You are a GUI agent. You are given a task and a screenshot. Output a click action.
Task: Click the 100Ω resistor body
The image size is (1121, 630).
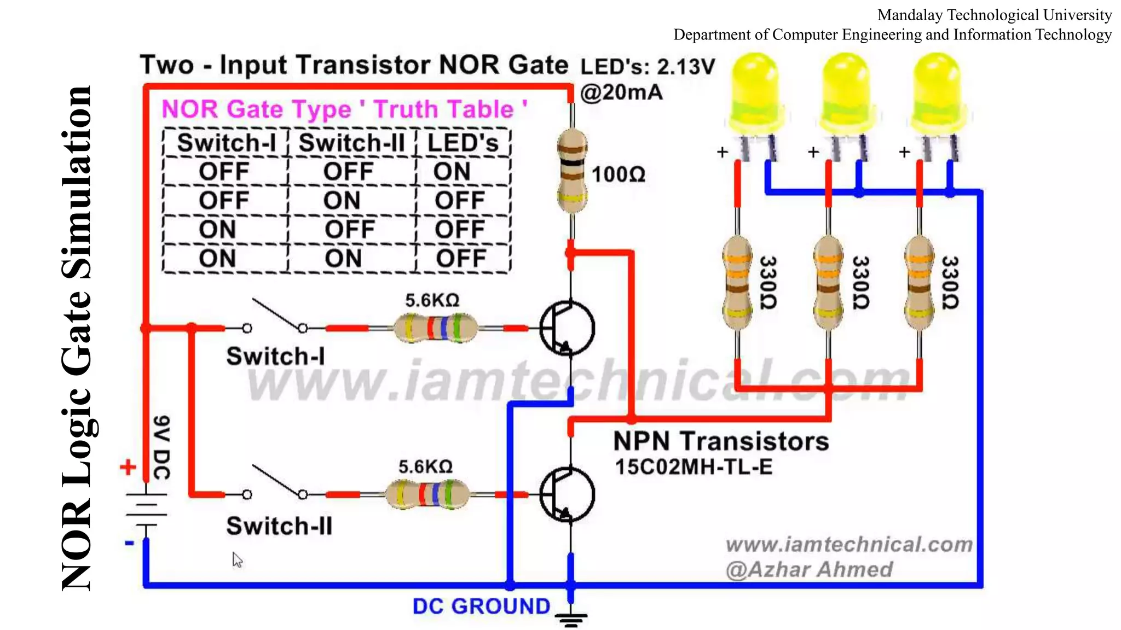pyautogui.click(x=572, y=171)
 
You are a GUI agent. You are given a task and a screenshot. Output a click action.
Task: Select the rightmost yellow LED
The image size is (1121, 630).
pyautogui.click(x=937, y=93)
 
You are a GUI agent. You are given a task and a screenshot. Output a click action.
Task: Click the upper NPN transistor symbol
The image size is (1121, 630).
pyautogui.click(x=567, y=328)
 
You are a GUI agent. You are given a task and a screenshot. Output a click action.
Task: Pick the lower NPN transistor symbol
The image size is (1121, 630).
pyautogui.click(x=567, y=494)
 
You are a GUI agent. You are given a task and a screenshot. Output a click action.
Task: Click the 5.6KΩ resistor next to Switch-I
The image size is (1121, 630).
pyautogui.click(x=435, y=328)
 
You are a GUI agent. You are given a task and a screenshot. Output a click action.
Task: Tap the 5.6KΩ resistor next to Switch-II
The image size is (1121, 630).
pyautogui.click(x=427, y=494)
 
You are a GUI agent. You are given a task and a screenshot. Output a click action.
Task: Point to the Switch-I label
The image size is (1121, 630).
pyautogui.click(x=275, y=357)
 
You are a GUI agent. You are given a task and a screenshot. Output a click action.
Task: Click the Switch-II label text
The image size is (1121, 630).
pyautogui.click(x=279, y=526)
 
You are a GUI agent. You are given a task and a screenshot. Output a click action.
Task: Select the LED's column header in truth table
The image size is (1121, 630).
pyautogui.click(x=463, y=143)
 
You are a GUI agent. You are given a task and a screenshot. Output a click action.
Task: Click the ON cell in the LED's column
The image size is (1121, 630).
pyautogui.click(x=452, y=172)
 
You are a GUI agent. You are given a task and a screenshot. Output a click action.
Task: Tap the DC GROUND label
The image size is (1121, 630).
pyautogui.click(x=481, y=606)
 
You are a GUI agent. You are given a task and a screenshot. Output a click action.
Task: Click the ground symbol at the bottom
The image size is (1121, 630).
pyautogui.click(x=571, y=619)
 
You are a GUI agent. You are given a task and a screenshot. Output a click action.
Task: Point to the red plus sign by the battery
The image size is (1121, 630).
pyautogui.click(x=128, y=467)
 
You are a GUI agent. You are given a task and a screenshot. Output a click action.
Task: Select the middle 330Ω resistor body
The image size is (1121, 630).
pyautogui.click(x=828, y=283)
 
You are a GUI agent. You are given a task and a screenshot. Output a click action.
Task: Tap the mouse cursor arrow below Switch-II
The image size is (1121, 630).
pyautogui.click(x=237, y=559)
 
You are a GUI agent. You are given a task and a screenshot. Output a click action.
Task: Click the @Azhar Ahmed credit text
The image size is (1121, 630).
pyautogui.click(x=809, y=570)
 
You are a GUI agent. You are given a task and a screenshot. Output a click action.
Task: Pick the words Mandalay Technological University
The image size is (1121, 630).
pyautogui.click(x=994, y=15)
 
